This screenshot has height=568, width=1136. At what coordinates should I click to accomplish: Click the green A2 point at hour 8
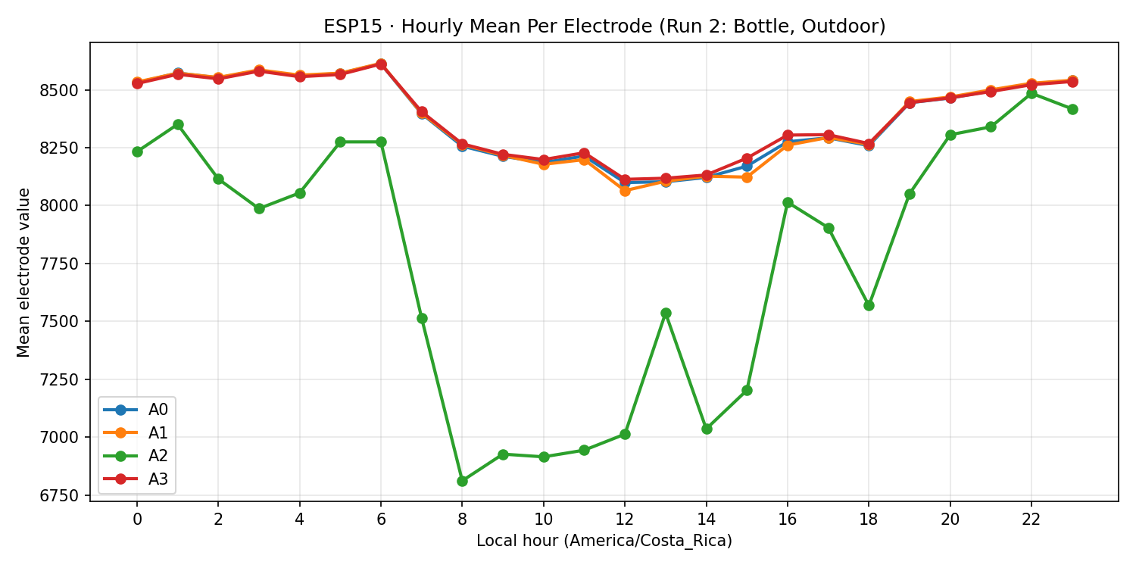click(462, 481)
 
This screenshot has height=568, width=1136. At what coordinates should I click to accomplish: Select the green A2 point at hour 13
click(666, 313)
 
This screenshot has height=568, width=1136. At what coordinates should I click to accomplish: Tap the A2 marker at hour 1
click(178, 124)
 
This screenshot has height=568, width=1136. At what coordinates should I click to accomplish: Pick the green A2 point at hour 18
click(869, 305)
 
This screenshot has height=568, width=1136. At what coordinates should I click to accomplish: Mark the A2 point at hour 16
click(788, 202)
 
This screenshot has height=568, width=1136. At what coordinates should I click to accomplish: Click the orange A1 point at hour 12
click(625, 191)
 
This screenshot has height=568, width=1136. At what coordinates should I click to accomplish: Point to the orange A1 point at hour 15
click(747, 177)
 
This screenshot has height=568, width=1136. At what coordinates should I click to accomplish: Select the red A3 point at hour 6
click(381, 64)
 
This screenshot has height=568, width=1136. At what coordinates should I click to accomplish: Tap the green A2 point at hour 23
click(1072, 109)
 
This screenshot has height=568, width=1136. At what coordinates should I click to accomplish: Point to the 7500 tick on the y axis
click(67, 321)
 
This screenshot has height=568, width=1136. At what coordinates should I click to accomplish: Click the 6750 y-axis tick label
click(67, 495)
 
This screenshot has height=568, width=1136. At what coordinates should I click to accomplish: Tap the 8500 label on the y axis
click(67, 90)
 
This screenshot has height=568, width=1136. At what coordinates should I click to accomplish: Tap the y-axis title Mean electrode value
click(24, 272)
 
